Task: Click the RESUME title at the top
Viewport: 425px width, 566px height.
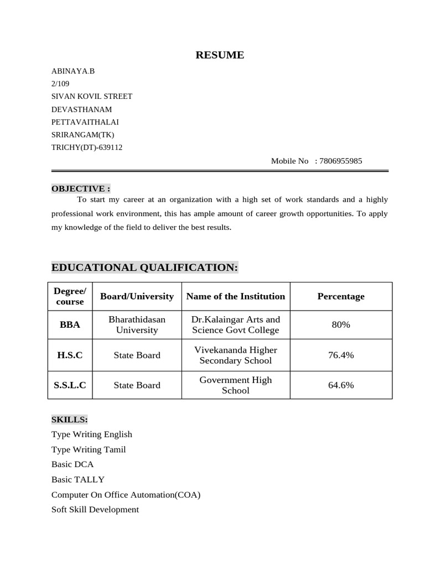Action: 220,55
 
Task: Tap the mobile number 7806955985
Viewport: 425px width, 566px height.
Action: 341,161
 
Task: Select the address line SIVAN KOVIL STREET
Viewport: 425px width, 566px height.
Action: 92,96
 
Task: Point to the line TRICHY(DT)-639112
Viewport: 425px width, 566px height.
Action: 87,148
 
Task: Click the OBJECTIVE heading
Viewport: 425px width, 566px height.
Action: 81,188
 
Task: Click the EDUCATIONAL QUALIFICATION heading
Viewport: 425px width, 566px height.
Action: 145,268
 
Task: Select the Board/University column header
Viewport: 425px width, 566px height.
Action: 137,296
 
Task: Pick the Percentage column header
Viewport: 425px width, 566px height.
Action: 341,296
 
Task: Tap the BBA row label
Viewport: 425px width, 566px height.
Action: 70,324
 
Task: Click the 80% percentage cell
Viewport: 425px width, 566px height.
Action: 341,324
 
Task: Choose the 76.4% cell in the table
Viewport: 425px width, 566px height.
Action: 341,355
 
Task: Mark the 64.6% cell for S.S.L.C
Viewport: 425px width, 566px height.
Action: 341,385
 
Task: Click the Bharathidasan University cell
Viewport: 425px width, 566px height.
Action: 137,324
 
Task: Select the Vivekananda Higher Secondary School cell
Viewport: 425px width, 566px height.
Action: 236,355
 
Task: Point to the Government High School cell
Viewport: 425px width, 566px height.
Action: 236,385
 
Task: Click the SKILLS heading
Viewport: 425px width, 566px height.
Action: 70,420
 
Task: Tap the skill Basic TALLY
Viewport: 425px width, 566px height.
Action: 78,479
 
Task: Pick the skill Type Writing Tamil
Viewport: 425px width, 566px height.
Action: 89,449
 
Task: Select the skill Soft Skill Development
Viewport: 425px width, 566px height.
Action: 95,509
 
